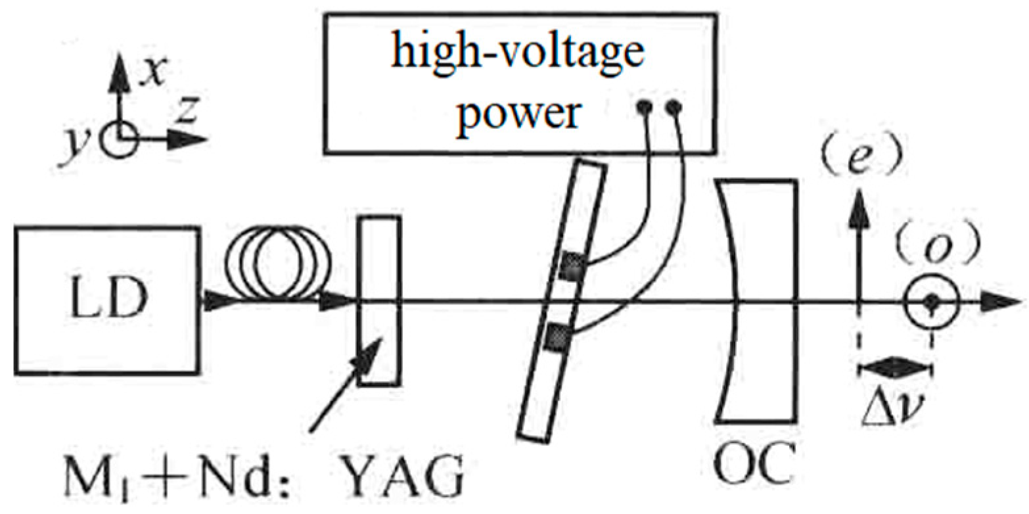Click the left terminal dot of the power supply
(x=646, y=105)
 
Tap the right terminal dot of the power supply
(x=673, y=106)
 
